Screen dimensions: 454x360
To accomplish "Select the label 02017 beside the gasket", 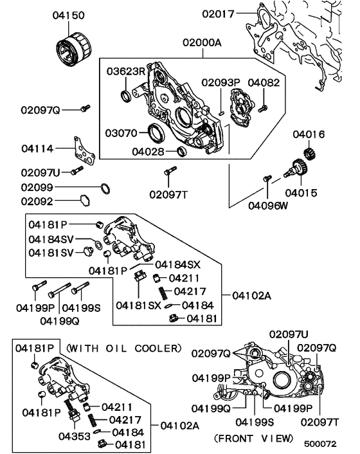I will [x=219, y=13].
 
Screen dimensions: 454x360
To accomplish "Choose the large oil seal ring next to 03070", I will [x=156, y=134].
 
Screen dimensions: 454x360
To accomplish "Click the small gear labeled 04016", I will [x=307, y=154].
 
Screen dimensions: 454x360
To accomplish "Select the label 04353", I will [x=73, y=437].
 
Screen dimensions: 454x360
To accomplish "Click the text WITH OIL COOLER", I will [x=123, y=348].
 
